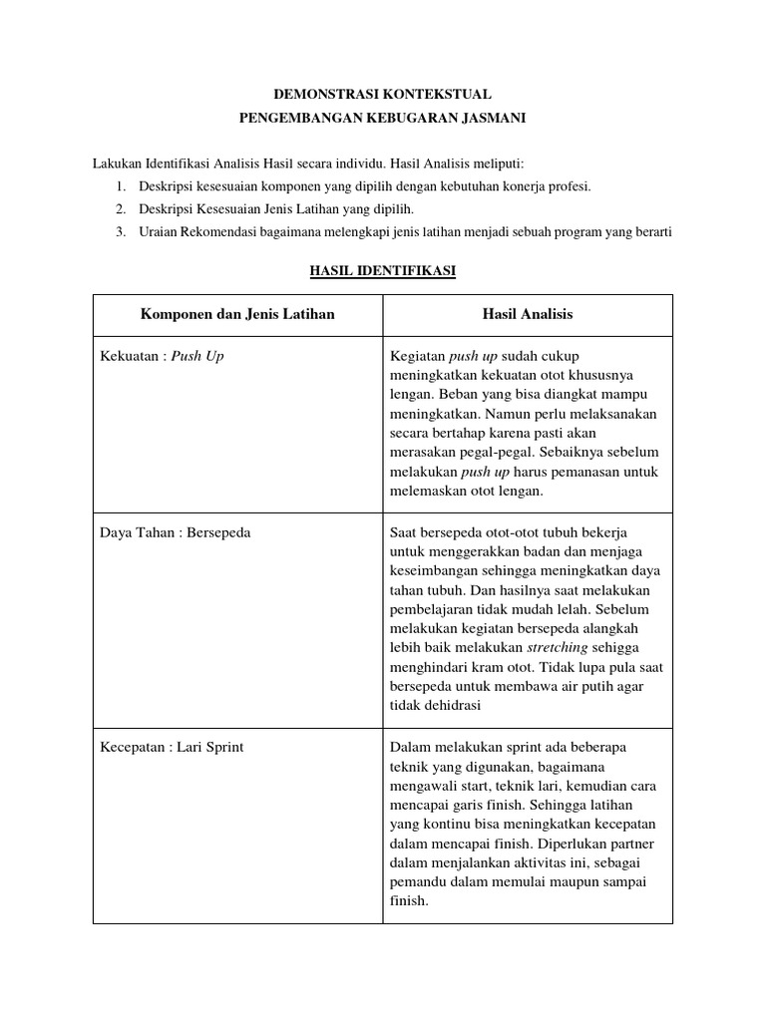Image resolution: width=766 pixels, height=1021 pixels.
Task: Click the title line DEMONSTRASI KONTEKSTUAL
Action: tap(383, 95)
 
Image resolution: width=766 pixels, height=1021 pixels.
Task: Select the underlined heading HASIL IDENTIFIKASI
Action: tap(383, 270)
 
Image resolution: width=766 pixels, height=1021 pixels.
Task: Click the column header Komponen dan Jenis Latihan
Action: tap(237, 314)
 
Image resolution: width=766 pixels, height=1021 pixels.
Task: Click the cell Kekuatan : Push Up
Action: tap(162, 356)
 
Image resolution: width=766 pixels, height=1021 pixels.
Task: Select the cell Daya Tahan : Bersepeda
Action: tap(175, 532)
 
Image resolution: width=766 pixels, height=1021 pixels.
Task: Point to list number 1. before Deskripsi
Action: tap(120, 186)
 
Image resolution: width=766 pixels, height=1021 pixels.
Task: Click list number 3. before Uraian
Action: tap(120, 232)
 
